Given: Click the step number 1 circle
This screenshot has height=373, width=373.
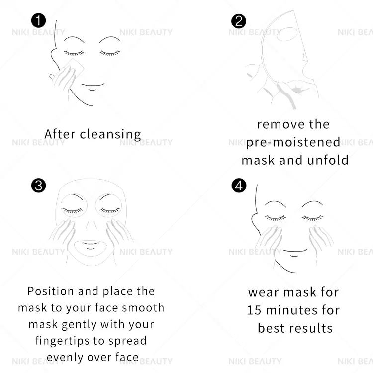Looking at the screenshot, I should (38, 21).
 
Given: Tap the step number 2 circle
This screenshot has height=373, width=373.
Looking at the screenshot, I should (239, 21).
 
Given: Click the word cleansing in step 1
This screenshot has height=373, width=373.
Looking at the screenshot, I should (110, 134).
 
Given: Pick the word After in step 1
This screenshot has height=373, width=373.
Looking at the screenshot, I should (60, 134).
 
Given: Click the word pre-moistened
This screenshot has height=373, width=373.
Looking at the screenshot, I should (293, 142).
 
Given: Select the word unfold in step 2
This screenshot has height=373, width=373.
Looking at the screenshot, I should (327, 160).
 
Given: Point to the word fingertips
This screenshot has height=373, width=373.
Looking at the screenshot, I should (66, 341).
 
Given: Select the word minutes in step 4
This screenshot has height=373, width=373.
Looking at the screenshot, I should (292, 310).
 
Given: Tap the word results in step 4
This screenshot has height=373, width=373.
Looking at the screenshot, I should (309, 328).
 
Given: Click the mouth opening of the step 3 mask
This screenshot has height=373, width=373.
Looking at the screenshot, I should (91, 245).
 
